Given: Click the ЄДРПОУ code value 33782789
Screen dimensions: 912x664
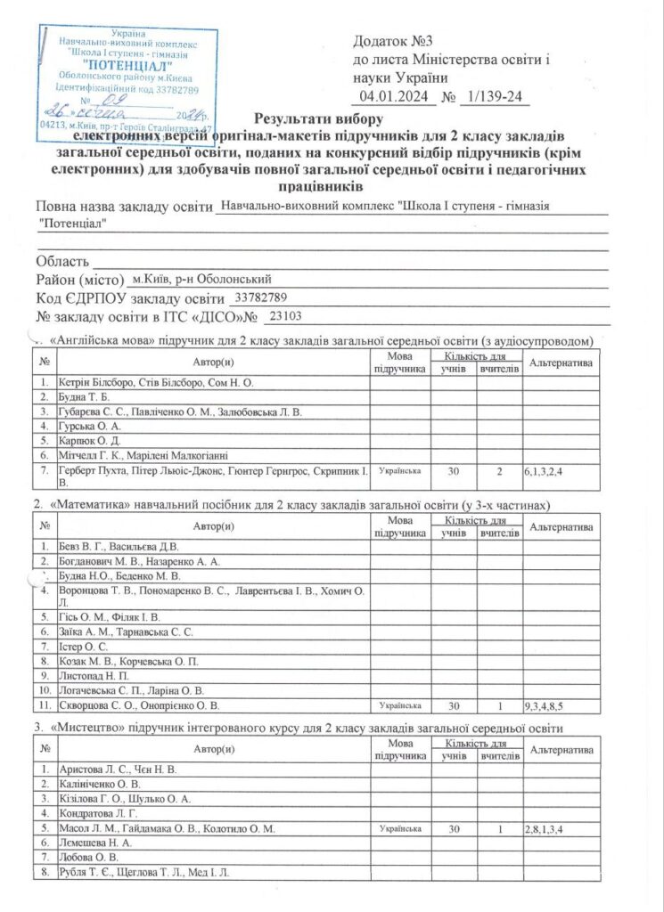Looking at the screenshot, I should [261, 297].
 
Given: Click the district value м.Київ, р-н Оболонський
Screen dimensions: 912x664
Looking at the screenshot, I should [207, 280].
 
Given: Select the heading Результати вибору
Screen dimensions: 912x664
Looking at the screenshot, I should [318, 119].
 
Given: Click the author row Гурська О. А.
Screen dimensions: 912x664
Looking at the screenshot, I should [92, 427].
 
